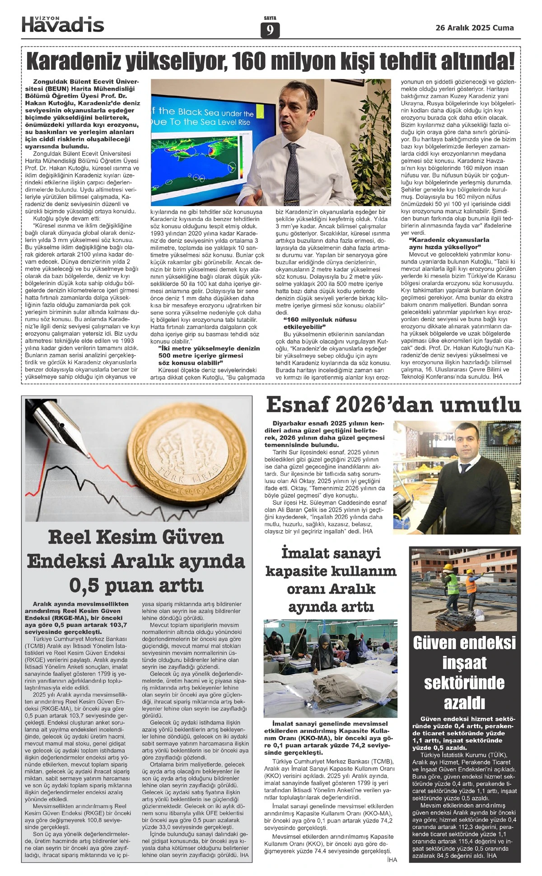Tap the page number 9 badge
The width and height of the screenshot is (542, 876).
pyautogui.click(x=270, y=30)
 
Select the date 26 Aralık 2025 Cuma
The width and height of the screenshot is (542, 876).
pyautogui.click(x=474, y=28)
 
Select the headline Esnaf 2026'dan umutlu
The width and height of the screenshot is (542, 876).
pyautogui.click(x=393, y=405)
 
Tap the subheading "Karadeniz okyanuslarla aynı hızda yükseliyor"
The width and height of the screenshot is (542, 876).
pyautogui.click(x=443, y=244)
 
